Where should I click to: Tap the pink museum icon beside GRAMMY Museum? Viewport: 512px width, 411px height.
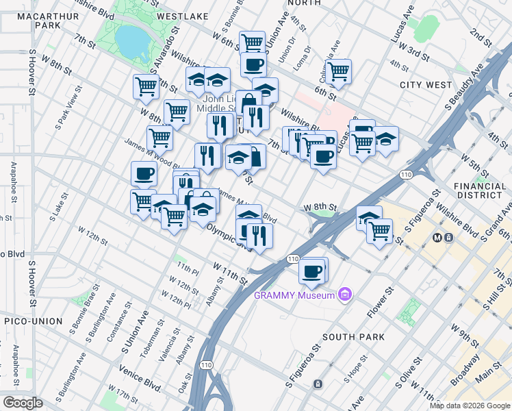pos(345,295)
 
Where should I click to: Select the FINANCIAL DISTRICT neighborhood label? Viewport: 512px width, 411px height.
pos(479,191)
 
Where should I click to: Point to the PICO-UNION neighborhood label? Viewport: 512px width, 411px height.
pos(32,321)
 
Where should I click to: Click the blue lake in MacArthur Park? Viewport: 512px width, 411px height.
pos(133,42)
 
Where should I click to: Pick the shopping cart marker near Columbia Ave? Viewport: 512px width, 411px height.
pos(338,70)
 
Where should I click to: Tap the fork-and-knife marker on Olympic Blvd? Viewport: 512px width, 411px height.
pos(259,236)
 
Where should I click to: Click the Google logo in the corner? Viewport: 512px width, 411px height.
pos(23,403)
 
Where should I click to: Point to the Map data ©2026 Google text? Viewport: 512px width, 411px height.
pos(470,406)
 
